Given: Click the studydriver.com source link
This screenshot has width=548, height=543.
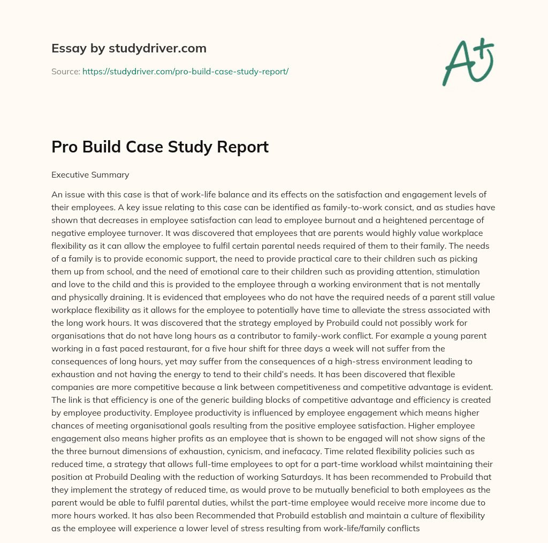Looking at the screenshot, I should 185,71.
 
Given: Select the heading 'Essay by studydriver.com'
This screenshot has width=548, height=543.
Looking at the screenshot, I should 129,48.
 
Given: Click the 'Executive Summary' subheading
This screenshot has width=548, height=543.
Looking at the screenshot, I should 90,174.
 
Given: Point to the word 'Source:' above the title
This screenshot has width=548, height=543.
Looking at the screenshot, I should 65,71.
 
